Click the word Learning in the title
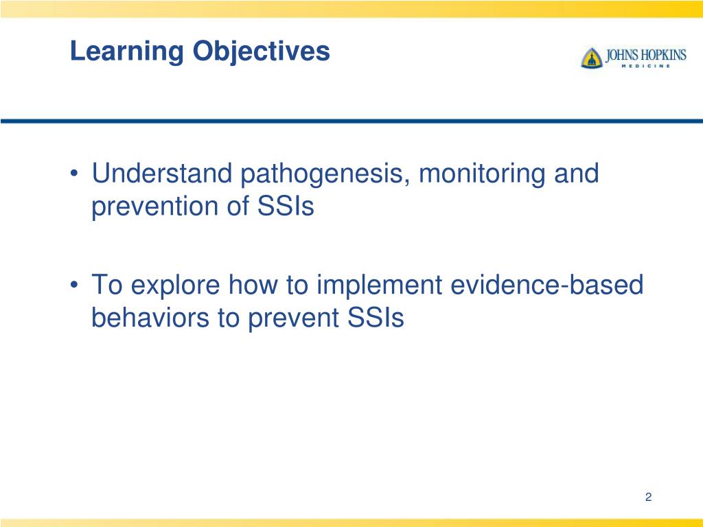point(127,52)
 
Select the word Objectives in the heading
point(262,52)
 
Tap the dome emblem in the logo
point(592,58)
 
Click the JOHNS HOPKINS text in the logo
point(646,55)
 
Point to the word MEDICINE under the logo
point(645,66)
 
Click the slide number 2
point(648,497)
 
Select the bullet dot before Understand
point(76,173)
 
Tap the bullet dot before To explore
point(76,284)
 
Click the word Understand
point(162,173)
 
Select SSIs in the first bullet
point(286,206)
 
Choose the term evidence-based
point(547,284)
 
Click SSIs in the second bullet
point(376,317)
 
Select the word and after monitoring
point(576,173)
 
